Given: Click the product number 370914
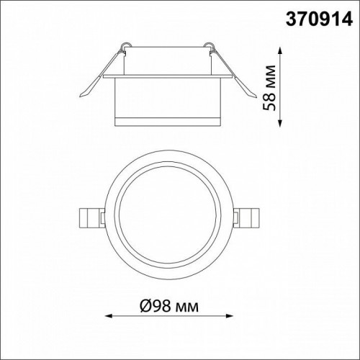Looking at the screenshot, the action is [x=319, y=19].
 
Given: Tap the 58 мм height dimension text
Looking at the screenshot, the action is [x=269, y=88].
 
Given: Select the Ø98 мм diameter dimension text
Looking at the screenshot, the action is [x=169, y=306].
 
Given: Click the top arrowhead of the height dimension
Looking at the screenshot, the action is [x=280, y=51].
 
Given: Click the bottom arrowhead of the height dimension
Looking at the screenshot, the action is [x=280, y=123].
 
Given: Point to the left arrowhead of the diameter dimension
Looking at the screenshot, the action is [x=109, y=315].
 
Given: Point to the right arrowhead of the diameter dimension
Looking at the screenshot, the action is [x=230, y=315].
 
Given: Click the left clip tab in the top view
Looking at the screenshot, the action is [x=92, y=218].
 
